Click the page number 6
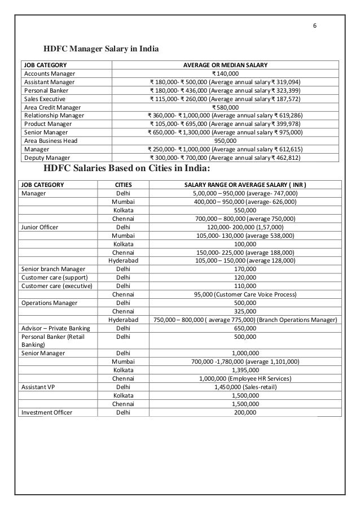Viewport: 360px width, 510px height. (315, 26)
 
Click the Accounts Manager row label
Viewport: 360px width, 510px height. (48, 73)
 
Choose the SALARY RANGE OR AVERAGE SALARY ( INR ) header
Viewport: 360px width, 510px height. (245, 184)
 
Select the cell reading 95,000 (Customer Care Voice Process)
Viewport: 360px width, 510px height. (245, 294)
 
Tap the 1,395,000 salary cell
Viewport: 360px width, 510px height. (245, 370)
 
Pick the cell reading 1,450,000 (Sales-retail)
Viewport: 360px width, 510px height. (245, 387)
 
